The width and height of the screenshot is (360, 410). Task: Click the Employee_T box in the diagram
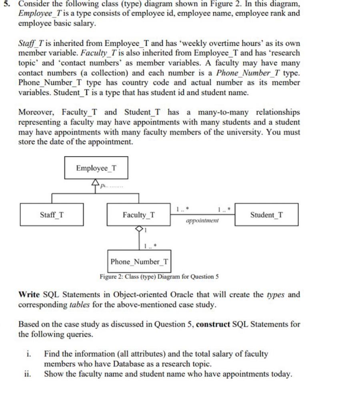[x=96, y=168]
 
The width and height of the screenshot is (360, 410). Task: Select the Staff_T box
[x=52, y=215]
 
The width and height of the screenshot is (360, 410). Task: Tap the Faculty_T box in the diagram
[x=139, y=215]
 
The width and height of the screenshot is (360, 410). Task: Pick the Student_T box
[x=266, y=215]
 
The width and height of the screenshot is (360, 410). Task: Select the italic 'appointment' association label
[x=202, y=221]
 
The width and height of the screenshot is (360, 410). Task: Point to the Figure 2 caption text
[x=159, y=277]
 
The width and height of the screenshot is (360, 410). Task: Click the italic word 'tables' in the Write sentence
[x=80, y=304]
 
